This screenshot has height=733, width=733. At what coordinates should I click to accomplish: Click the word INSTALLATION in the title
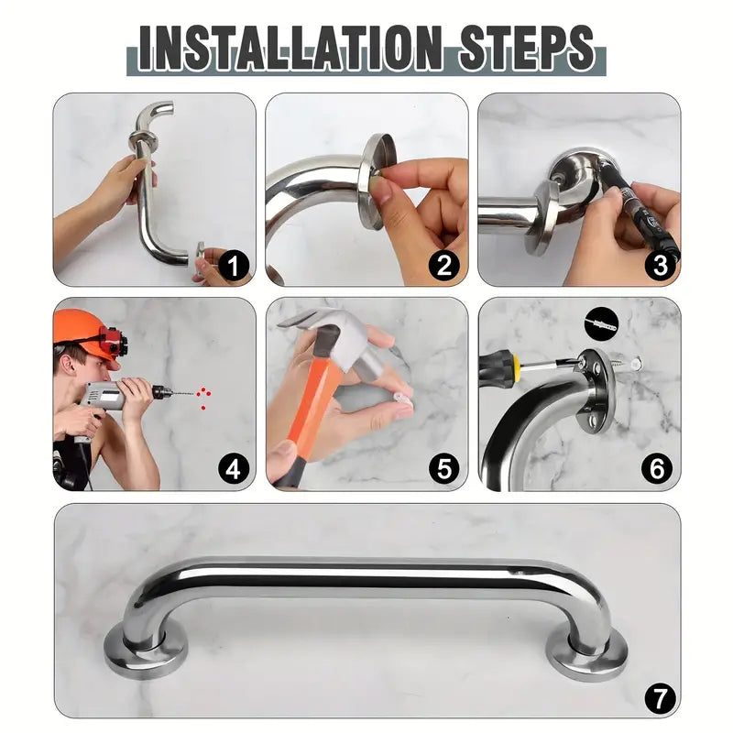click(x=290, y=49)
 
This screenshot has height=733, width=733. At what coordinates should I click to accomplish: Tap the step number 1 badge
click(x=234, y=266)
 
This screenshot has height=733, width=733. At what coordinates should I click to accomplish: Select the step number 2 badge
click(x=444, y=266)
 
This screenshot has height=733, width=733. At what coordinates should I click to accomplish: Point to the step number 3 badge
click(x=660, y=266)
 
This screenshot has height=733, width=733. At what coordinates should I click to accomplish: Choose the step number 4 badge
click(x=234, y=469)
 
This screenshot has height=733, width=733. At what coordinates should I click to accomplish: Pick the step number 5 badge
click(x=444, y=469)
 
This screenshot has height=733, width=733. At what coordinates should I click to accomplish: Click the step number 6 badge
click(x=657, y=469)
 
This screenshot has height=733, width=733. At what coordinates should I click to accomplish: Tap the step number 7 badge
click(x=660, y=699)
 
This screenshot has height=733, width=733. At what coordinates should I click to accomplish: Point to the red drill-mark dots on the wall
click(x=203, y=398)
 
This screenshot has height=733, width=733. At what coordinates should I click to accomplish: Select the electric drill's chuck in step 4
click(x=160, y=392)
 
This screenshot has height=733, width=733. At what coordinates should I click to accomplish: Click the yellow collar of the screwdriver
click(x=516, y=364)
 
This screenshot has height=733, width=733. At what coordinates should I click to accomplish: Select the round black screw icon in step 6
click(x=602, y=324)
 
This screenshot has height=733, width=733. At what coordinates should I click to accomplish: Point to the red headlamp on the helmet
click(x=113, y=340)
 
